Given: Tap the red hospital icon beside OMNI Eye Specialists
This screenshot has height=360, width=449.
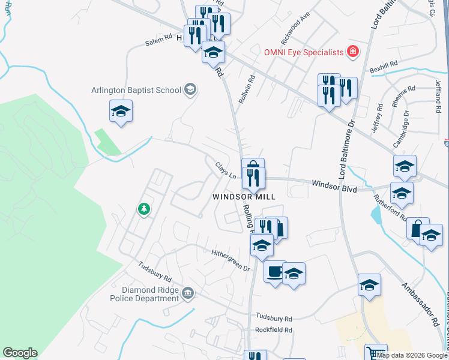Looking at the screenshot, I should point(354,52).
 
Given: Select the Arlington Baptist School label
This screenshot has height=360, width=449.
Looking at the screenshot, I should point(136,91).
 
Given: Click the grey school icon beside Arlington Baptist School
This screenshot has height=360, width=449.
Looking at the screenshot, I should point(190,90).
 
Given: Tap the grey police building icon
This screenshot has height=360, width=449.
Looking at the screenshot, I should point(188,293).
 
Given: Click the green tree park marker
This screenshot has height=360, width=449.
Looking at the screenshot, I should point(143,209).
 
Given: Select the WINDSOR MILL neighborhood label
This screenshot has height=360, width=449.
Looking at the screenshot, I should point(244,197).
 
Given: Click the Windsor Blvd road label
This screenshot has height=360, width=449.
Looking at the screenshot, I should point(334,188).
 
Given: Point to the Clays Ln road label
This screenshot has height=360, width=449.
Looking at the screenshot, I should point(225,172).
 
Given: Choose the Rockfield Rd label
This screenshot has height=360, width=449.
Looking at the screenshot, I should point(273,330).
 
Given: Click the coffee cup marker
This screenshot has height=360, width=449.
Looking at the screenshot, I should point(275,272).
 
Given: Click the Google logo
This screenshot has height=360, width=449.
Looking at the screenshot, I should point(20,353).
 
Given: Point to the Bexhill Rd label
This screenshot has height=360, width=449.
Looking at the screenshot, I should point(384,64).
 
